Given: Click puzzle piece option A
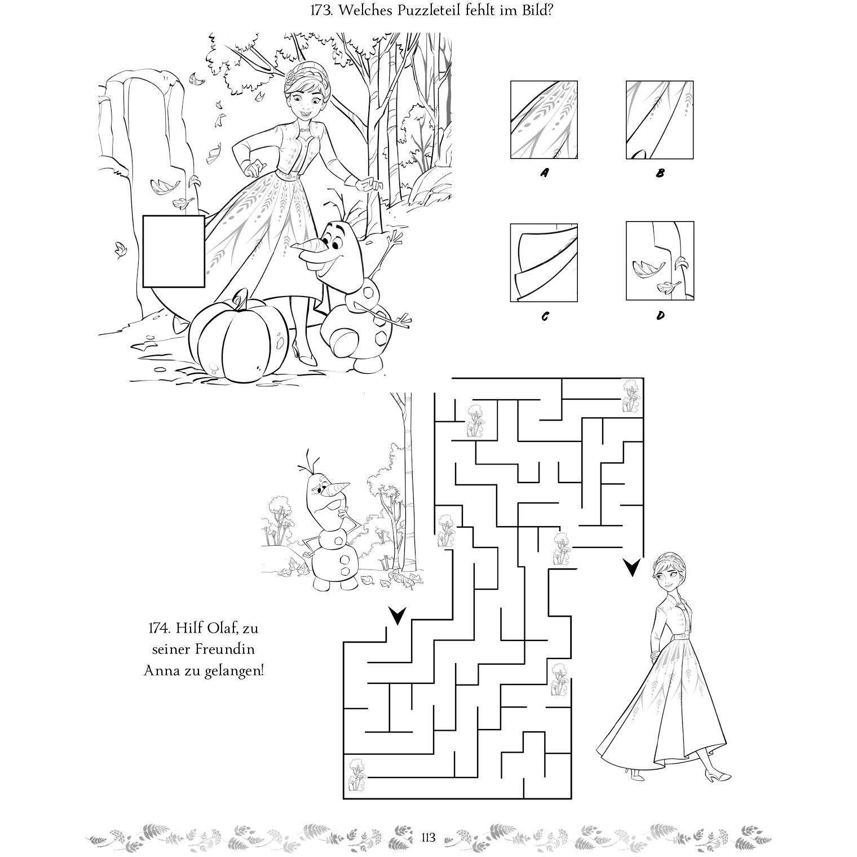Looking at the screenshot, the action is [x=544, y=120].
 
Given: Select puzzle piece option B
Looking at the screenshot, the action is [x=660, y=120].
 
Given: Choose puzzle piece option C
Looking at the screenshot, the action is [x=544, y=262].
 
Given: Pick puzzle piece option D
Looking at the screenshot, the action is [x=660, y=260].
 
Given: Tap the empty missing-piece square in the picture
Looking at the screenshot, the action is [x=174, y=251].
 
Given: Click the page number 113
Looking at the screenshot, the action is [x=428, y=838].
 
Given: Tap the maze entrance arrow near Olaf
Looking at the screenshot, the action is [x=397, y=616].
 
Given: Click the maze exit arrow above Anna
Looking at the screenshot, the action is [x=633, y=567].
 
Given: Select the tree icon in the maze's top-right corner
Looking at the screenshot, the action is [x=631, y=395].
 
